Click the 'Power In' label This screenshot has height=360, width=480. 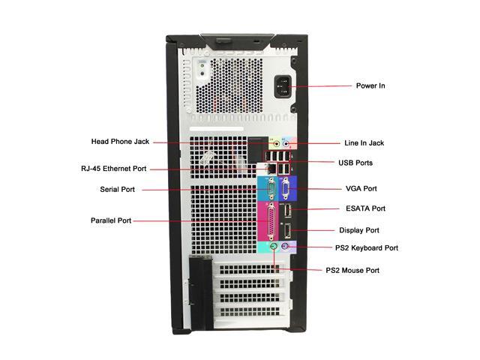(370, 85)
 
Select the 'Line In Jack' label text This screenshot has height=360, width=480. (364, 142)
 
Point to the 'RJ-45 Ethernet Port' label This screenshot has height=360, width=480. (114, 168)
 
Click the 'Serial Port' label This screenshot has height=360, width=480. (117, 189)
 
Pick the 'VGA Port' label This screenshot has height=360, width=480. (360, 189)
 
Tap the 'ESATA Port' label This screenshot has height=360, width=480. (365, 208)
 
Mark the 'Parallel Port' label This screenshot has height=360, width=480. (111, 220)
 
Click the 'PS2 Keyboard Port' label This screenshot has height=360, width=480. (367, 247)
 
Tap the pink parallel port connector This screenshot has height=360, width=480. (267, 220)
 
